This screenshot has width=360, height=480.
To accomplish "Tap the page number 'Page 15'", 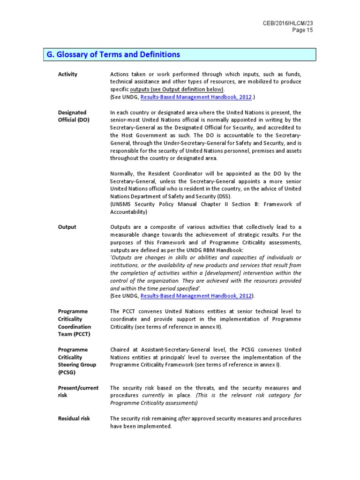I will pyautogui.click(x=302, y=30).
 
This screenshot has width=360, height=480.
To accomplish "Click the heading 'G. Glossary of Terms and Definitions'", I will pyautogui.click(x=113, y=55).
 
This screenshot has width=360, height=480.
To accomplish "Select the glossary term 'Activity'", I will pyautogui.click(x=67, y=74).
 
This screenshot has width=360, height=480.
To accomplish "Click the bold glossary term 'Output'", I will pyautogui.click(x=67, y=227).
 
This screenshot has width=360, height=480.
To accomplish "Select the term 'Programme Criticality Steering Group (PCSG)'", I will pyautogui.click(x=77, y=361).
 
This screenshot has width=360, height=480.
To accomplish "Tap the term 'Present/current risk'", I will pyautogui.click(x=78, y=391).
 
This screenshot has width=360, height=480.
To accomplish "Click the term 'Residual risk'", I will pyautogui.click(x=74, y=418).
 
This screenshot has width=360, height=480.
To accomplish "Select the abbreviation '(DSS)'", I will pyautogui.click(x=224, y=196).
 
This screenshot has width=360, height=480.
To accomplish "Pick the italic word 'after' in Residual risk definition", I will pyautogui.click(x=183, y=418).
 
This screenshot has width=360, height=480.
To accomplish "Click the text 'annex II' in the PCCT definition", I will pyautogui.click(x=204, y=326).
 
